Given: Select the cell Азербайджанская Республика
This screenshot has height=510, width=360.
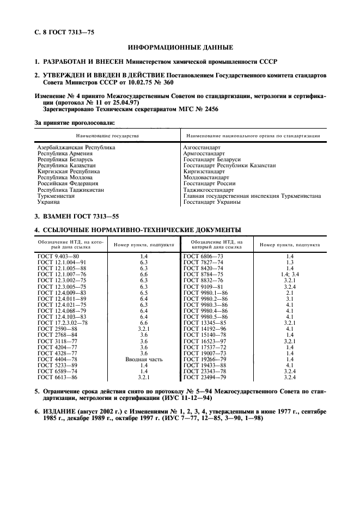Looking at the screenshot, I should (x=76, y=147).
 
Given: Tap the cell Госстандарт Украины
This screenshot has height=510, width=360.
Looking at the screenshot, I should (x=212, y=202).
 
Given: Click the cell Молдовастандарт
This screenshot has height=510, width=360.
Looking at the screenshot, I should (x=206, y=178).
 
